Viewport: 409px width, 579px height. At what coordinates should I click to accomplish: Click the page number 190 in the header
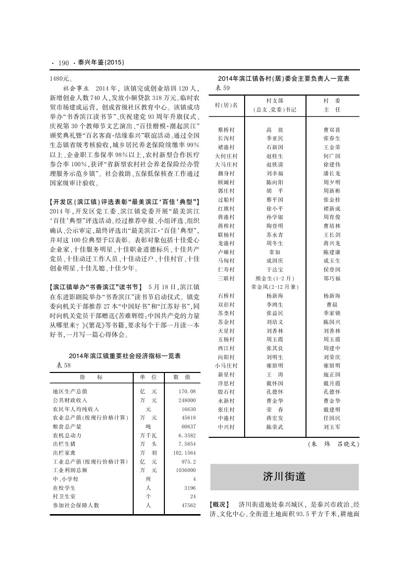point(63,63)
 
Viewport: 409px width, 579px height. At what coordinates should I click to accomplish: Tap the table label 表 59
point(224,88)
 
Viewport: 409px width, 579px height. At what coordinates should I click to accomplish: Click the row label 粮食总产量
point(67,426)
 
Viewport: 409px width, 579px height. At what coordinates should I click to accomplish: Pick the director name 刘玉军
point(332,426)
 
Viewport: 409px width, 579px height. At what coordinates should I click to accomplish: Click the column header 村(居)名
point(226,105)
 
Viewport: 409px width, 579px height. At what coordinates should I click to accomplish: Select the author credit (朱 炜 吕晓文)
point(333,444)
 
